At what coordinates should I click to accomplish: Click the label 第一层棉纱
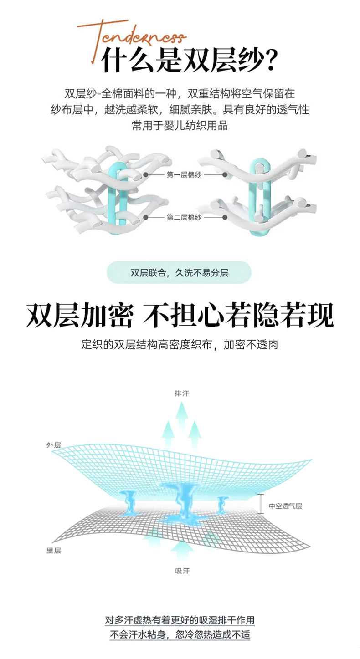pyautogui.click(x=184, y=175)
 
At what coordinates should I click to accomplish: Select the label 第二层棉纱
pyautogui.click(x=184, y=217)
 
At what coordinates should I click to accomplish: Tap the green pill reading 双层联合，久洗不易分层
pyautogui.click(x=179, y=272)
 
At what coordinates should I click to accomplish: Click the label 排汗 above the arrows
pyautogui.click(x=182, y=393)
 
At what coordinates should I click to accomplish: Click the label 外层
pyautogui.click(x=54, y=445)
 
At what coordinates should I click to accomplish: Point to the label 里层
pyautogui.click(x=54, y=551)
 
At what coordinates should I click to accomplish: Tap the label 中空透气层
pyautogui.click(x=285, y=506)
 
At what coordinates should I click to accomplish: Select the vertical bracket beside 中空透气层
pyautogui.click(x=261, y=504)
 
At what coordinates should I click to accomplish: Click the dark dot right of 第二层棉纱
pyautogui.click(x=225, y=217)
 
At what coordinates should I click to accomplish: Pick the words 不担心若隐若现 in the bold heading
pyautogui.click(x=238, y=315)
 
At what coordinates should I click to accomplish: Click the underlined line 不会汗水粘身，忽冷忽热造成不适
pyautogui.click(x=180, y=634)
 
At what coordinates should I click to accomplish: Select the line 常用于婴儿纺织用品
pyautogui.click(x=180, y=126)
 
